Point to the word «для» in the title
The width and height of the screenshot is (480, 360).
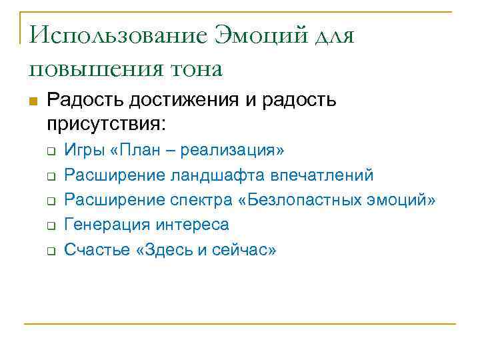330,34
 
